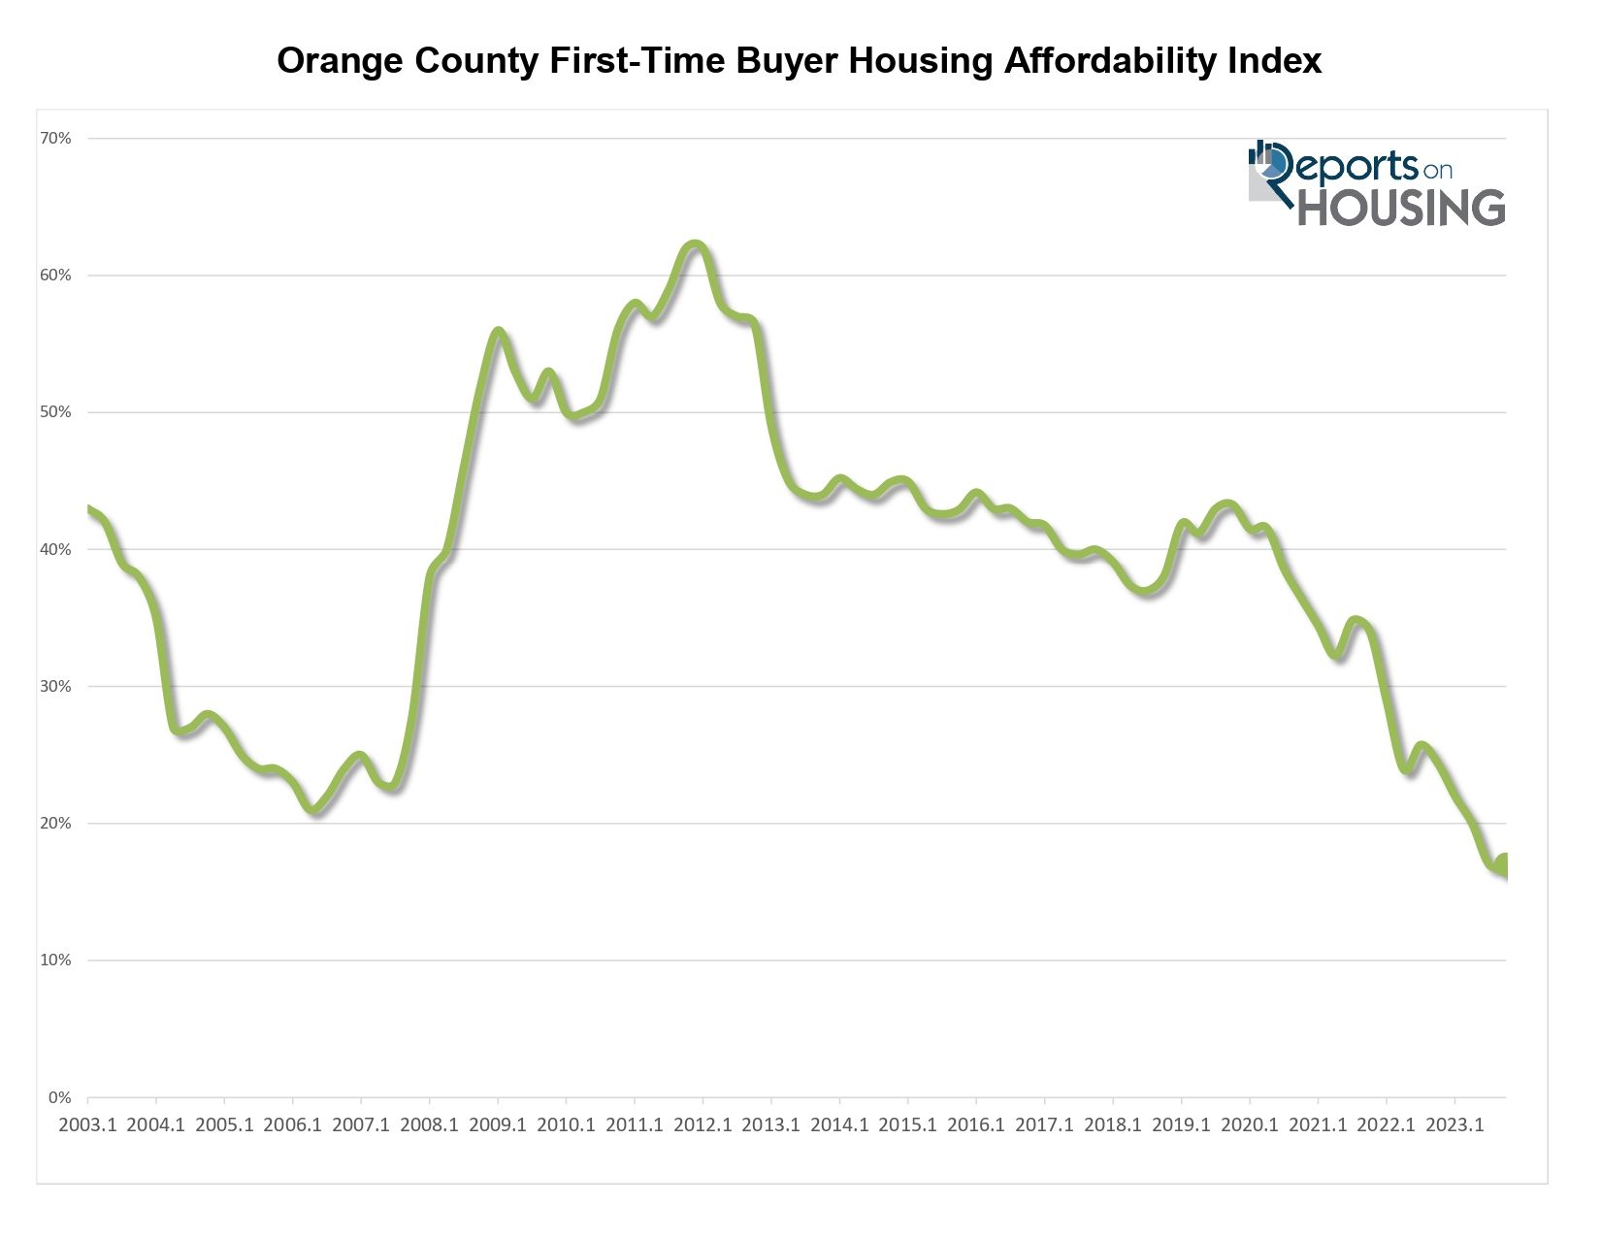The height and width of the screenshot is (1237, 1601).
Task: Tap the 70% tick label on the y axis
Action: (55, 139)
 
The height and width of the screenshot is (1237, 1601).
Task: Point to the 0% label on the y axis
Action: (59, 1097)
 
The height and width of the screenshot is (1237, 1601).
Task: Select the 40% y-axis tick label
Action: (55, 549)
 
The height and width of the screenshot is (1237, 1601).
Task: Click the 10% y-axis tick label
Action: (55, 960)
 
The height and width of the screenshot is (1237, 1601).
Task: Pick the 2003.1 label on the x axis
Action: (88, 1125)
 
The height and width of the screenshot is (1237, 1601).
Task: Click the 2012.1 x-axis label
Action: (703, 1125)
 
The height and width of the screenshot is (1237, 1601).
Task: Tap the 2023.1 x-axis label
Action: (1454, 1125)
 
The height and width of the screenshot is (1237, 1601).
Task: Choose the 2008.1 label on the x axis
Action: (430, 1125)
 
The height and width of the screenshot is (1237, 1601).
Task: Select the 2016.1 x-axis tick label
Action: (976, 1125)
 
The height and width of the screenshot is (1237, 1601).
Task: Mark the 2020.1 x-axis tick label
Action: (1250, 1125)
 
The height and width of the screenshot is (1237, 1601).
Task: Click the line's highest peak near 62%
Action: (695, 244)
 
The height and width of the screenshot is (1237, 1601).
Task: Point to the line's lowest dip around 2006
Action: (314, 809)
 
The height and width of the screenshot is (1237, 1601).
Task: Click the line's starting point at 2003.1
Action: (89, 510)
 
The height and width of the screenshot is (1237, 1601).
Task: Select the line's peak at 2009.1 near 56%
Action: (498, 332)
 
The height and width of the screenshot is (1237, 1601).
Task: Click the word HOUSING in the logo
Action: (1401, 207)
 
